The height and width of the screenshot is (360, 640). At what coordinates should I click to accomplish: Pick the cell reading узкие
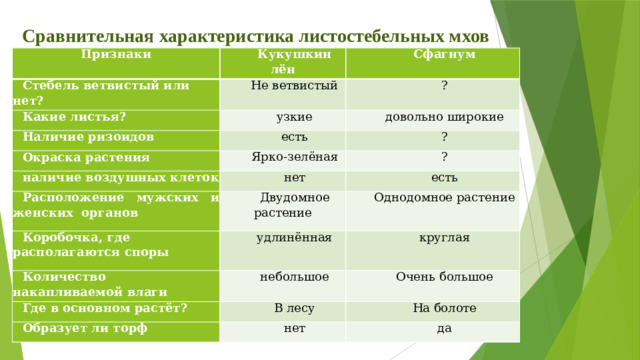tap(293, 118)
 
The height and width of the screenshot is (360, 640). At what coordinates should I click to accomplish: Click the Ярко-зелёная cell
tap(294, 157)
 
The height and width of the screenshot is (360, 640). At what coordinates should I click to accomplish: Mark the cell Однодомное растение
tap(443, 198)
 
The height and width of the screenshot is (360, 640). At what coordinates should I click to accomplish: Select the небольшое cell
tap(294, 276)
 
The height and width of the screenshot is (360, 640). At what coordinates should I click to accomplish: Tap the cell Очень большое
tap(443, 276)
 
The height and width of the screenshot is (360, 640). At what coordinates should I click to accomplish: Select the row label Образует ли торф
tap(85, 327)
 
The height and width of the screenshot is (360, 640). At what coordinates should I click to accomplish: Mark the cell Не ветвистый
tap(293, 87)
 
